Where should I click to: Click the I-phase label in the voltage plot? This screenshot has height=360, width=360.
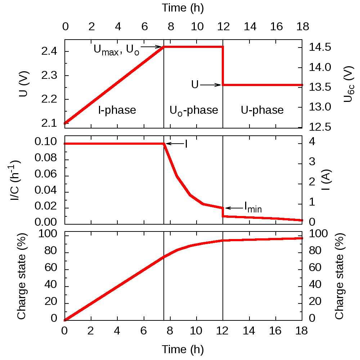[x=117, y=110]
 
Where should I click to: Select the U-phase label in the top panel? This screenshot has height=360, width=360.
[x=262, y=110]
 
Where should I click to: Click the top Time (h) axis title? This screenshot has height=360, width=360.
[x=183, y=8]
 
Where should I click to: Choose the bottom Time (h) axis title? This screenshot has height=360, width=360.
[x=183, y=349]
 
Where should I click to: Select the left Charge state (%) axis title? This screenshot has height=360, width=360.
[x=21, y=276]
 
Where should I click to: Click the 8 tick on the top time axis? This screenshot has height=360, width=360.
[x=171, y=27]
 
